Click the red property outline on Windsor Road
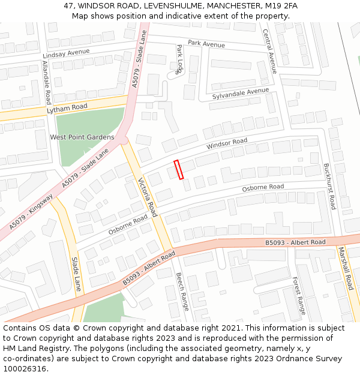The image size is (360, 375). click(178, 169)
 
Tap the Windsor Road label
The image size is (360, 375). click(227, 145)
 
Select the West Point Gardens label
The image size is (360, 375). click(82, 137)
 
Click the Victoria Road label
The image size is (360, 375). click(148, 197)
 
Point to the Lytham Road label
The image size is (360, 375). click(67, 109)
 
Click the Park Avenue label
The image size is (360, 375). click(206, 44)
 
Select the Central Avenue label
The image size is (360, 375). click(269, 51)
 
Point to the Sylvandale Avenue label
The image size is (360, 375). click(241, 94)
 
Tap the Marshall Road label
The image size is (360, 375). click(346, 268)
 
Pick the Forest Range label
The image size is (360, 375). click(299, 296)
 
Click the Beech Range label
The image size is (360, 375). click(182, 292)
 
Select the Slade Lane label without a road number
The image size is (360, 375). click(76, 274)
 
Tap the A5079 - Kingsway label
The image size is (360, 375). click(31, 212)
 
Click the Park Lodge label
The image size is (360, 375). click(179, 59)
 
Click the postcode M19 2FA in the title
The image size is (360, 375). click(281, 5)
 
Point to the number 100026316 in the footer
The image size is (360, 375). click(25, 369)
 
